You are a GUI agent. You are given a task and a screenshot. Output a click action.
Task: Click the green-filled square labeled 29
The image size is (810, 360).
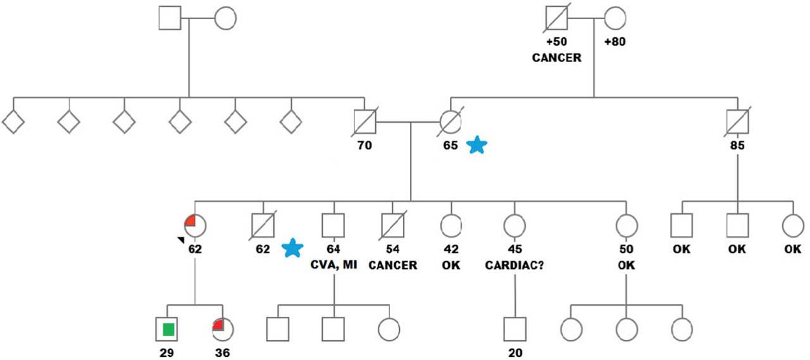click(168, 329)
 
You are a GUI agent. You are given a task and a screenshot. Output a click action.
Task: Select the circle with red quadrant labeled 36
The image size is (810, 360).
click(222, 329)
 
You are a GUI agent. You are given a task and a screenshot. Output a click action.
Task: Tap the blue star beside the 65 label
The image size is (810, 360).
click(477, 146)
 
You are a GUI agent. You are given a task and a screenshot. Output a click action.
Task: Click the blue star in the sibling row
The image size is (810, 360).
click(292, 248)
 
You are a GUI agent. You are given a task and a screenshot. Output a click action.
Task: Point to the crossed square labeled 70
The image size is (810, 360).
click(364, 120)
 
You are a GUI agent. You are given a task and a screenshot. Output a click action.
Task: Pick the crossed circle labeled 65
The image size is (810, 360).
click(451, 120)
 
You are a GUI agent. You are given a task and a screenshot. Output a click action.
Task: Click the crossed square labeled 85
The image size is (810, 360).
click(737, 120)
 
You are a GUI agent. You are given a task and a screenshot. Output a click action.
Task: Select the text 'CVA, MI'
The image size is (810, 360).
click(333, 265)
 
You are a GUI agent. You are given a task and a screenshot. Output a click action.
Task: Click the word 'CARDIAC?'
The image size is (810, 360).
click(514, 265)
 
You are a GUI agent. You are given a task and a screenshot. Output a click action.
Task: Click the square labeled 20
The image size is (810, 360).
click(515, 329)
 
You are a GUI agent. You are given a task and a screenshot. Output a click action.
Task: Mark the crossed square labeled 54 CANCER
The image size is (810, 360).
click(392, 225)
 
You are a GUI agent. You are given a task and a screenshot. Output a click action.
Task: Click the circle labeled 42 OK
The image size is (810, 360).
click(451, 225)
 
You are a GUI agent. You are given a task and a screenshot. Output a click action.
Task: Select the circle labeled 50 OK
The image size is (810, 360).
click(626, 225)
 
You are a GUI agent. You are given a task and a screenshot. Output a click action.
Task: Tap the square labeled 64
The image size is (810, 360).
click(333, 225)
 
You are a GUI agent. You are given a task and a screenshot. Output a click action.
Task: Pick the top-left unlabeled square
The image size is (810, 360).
click(170, 18)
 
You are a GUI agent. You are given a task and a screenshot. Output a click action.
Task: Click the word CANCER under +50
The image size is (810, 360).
click(556, 58)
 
